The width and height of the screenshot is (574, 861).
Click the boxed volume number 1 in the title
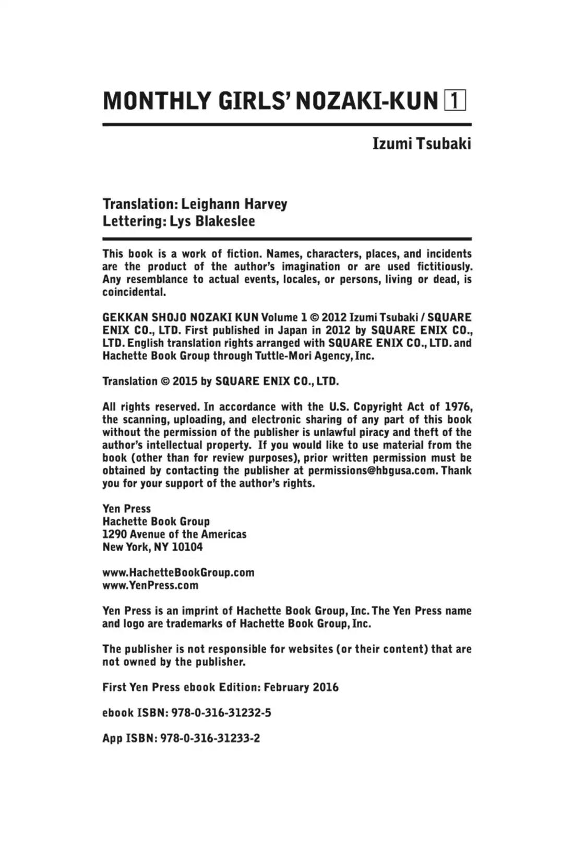[455, 101]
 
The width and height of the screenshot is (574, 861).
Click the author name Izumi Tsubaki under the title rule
[422, 144]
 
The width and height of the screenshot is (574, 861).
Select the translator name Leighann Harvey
[234, 204]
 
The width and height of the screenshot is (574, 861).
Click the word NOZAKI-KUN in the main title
[367, 101]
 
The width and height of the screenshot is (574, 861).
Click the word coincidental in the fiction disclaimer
[134, 292]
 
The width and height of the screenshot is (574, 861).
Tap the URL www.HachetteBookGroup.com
[178, 572]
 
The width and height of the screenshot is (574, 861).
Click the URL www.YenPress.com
[150, 585]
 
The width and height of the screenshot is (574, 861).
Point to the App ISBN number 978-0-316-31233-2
[210, 738]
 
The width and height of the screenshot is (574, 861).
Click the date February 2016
[301, 687]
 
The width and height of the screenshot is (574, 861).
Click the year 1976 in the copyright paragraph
[459, 407]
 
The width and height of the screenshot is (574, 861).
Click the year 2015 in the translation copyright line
[185, 381]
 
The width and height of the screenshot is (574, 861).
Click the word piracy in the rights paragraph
[372, 433]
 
